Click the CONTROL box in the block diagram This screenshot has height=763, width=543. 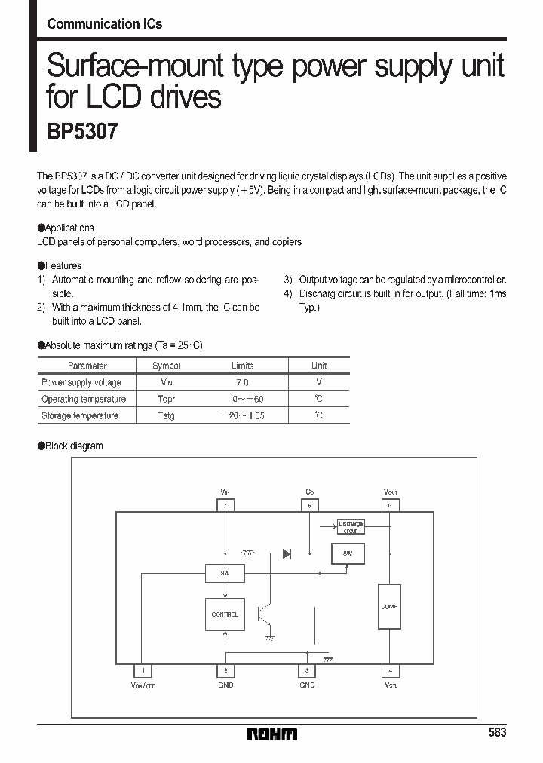pos(225,614)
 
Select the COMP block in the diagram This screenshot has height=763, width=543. pos(389,607)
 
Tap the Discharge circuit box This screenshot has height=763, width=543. pos(350,527)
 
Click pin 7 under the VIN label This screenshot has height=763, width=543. pos(225,506)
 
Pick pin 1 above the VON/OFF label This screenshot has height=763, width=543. pos(143,670)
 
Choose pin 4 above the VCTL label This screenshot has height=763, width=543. pos(390,670)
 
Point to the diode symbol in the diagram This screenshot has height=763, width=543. pos(287,554)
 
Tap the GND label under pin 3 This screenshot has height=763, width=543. pos(307,685)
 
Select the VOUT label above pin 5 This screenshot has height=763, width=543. pos(390,492)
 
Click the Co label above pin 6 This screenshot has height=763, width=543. pos(309,492)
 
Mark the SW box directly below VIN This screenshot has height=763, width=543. pos(225,573)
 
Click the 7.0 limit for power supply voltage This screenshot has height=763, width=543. pos(242,382)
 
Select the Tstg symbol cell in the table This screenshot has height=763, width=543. pos(166,416)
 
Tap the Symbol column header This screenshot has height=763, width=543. pos(166,366)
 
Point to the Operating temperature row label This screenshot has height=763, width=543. pos(83,399)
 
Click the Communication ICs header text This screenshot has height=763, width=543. pos(104,23)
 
